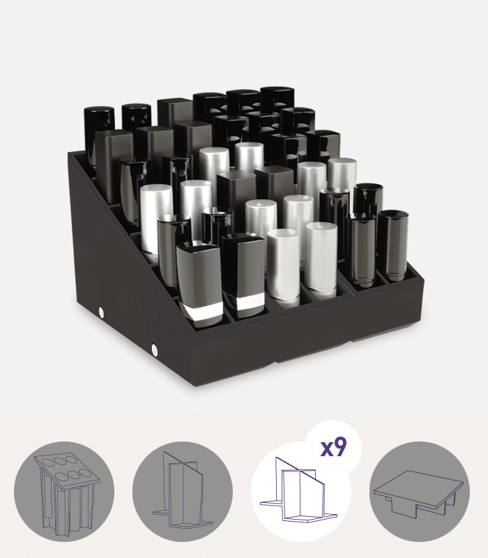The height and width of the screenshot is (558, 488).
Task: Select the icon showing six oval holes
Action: [x=64, y=492]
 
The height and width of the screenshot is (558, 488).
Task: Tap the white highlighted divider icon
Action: [x=301, y=492]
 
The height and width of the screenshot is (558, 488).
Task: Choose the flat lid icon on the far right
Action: [x=420, y=492]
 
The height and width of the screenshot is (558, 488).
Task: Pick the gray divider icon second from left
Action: [x=183, y=492]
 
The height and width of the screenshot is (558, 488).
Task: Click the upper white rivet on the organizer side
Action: [x=102, y=312]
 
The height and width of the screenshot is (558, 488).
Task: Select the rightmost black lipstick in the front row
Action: [x=392, y=246]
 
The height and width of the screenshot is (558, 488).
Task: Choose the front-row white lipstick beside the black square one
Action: [x=283, y=264]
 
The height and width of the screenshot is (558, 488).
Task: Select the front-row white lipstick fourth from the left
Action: [x=321, y=259]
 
